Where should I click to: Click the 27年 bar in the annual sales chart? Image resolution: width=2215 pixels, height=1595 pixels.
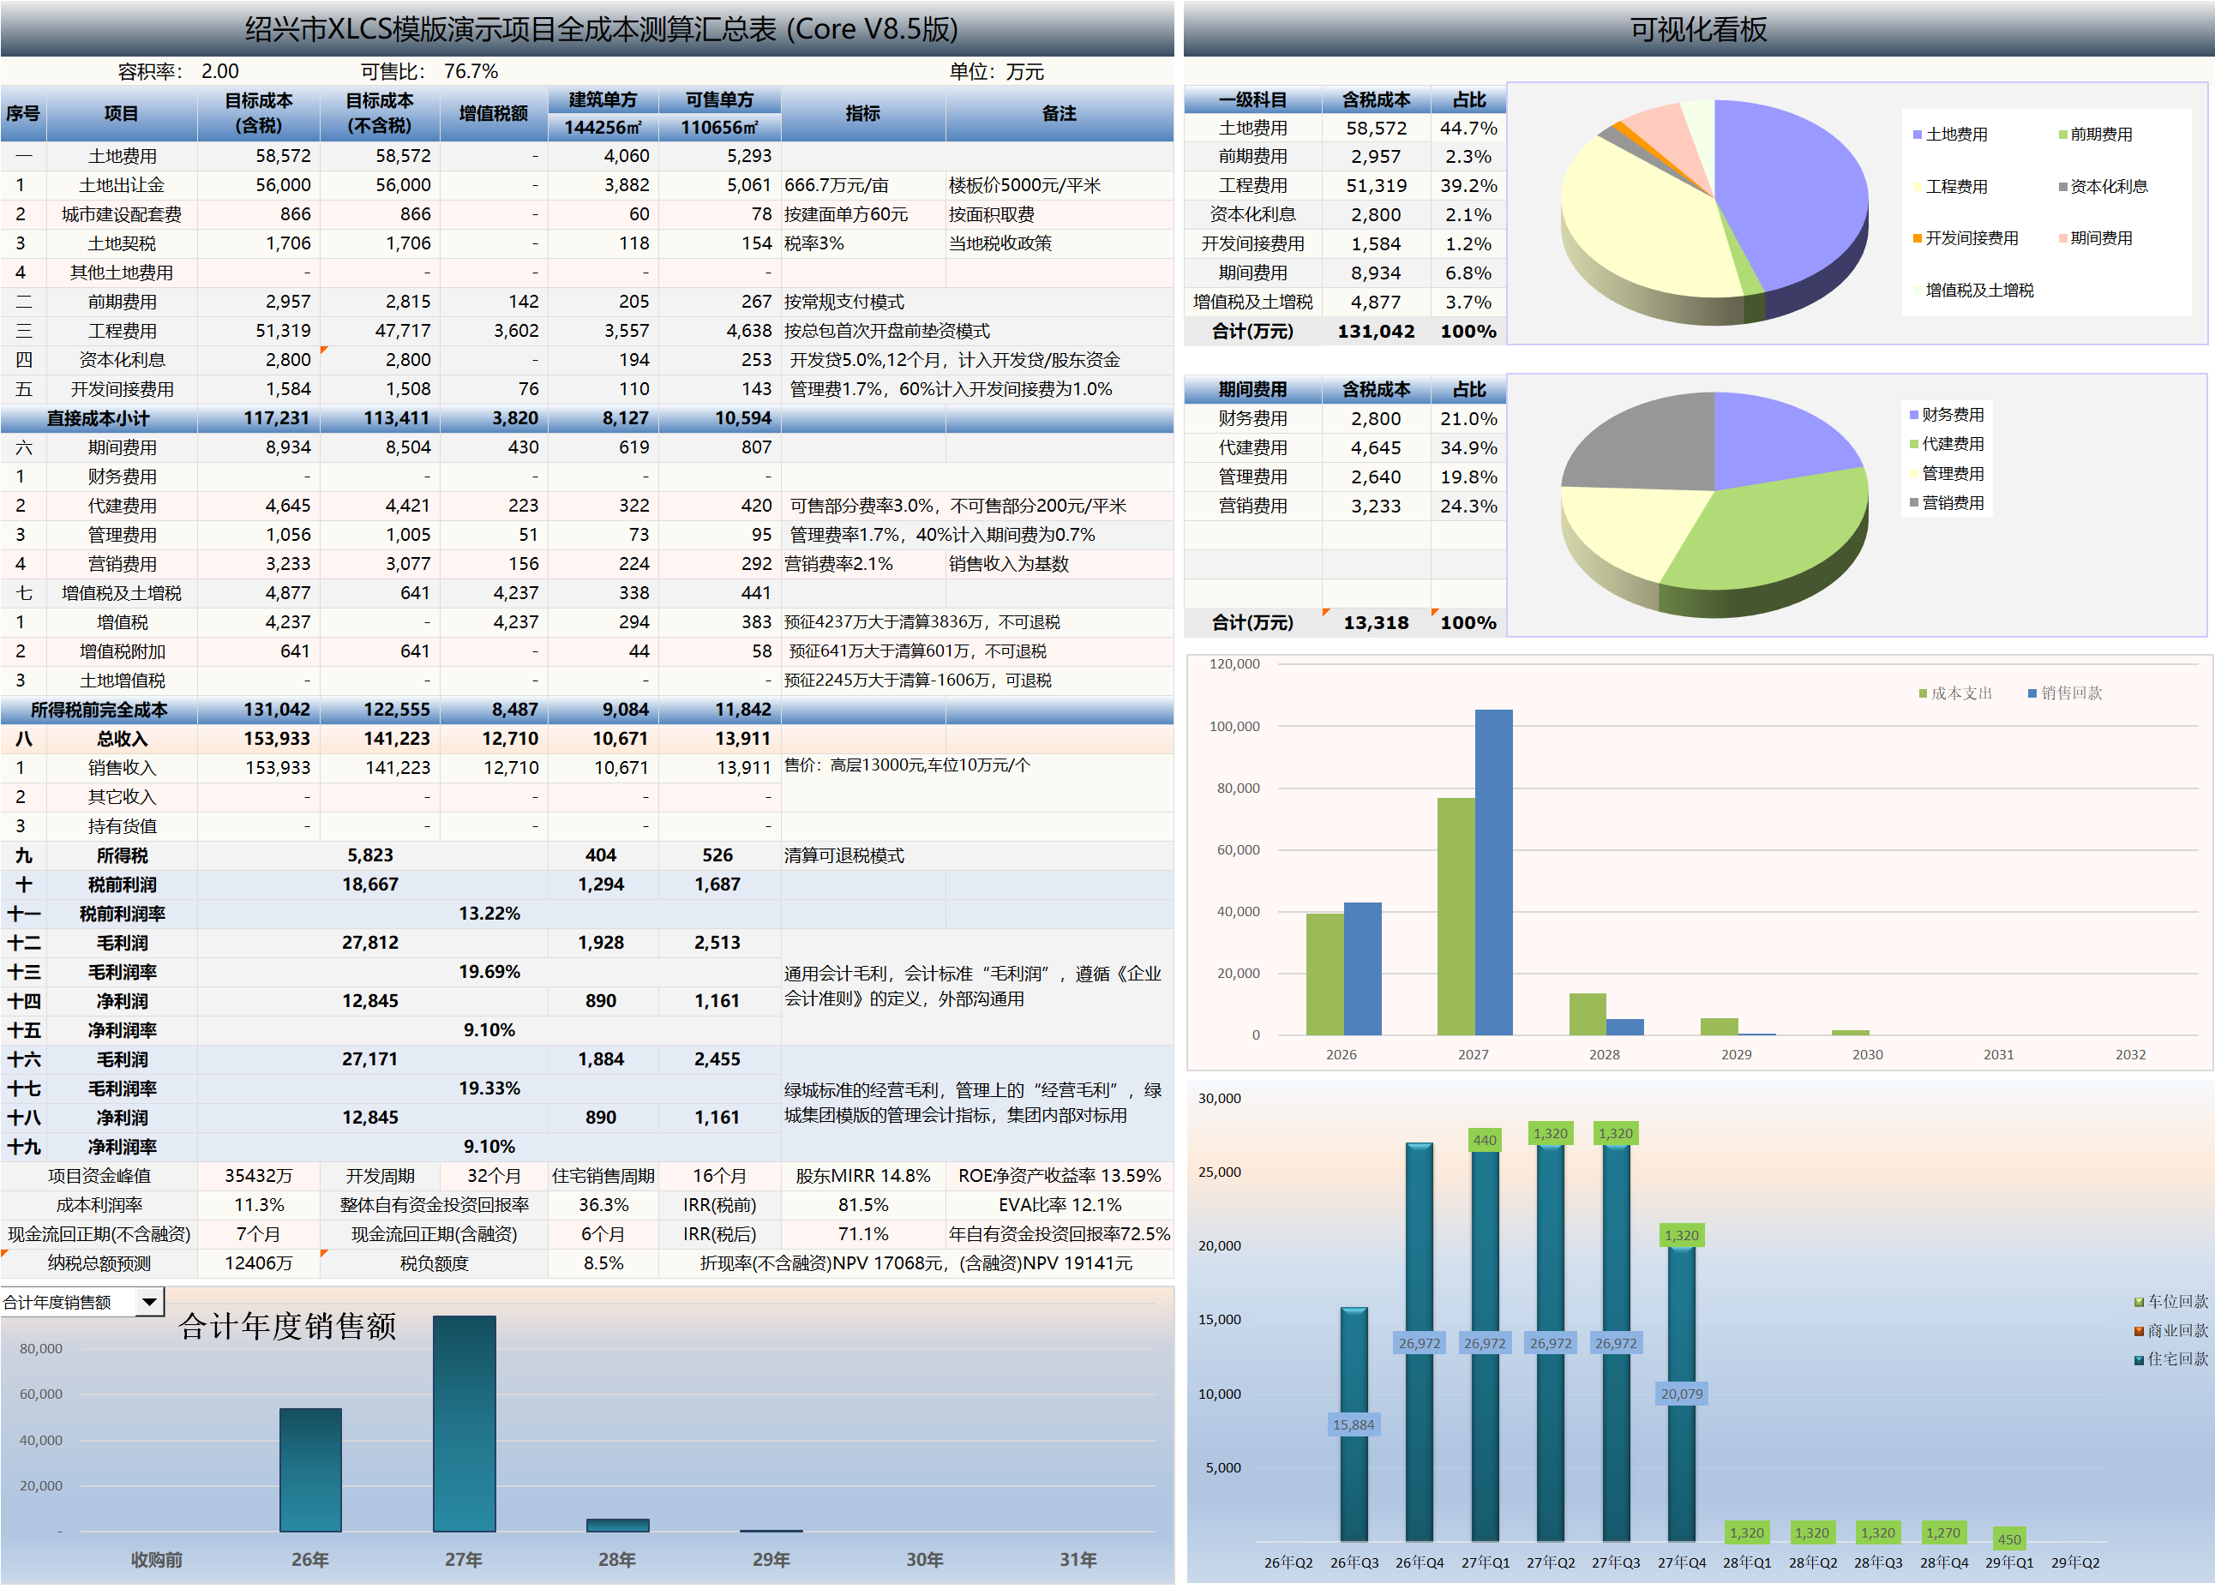(464, 1424)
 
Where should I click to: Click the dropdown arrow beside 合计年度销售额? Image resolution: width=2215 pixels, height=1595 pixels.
(149, 1302)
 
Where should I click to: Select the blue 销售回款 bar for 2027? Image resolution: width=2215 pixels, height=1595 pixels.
(1493, 872)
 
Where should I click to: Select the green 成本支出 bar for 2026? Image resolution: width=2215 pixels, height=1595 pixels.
(1324, 974)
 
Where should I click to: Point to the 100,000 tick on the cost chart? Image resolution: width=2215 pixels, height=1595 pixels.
(1234, 727)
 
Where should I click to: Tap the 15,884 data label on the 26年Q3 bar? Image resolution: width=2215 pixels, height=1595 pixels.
(1354, 1425)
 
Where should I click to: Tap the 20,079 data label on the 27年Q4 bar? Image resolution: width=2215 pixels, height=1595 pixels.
(1682, 1394)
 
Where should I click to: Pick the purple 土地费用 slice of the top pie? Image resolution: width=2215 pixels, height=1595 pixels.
(1797, 195)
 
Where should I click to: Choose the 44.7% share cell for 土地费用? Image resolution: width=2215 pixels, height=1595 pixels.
(1468, 128)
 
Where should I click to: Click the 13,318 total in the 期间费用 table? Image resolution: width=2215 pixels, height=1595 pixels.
(1375, 623)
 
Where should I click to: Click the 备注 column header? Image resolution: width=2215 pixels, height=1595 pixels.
(1059, 113)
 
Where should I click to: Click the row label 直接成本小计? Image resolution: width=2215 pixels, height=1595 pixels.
(99, 418)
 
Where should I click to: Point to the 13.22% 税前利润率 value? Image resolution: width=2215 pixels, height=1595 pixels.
(489, 914)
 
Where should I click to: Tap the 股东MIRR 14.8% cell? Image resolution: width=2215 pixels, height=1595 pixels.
(862, 1176)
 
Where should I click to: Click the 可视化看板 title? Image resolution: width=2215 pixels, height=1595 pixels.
(1697, 29)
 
